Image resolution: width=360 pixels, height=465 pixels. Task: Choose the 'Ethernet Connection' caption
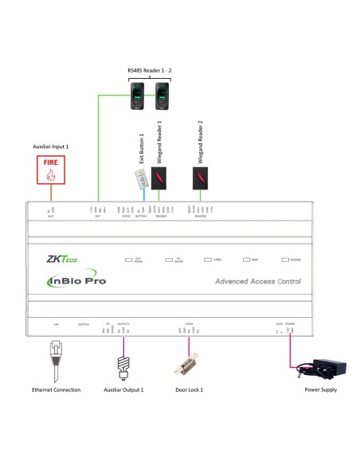[x=55, y=390]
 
